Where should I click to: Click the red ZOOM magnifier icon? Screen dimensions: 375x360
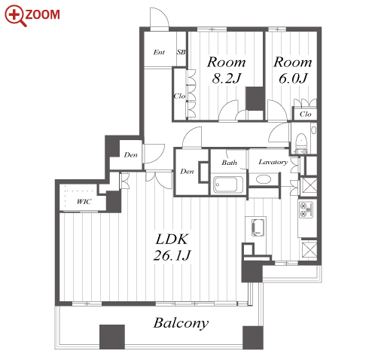[14, 15]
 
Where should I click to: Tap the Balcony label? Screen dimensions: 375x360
[181, 323]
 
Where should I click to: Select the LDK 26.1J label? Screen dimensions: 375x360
[172, 247]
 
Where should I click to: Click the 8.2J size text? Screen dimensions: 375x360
[226, 78]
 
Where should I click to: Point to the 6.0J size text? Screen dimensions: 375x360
[293, 78]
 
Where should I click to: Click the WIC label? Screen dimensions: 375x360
[84, 202]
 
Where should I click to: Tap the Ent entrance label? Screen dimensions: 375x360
[159, 52]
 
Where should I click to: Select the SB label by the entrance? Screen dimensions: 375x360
[181, 52]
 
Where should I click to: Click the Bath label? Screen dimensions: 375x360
[229, 163]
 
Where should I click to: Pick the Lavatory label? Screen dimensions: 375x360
[273, 162]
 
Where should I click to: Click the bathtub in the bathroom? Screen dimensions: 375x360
[228, 185]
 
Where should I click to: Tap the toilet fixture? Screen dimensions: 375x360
[301, 142]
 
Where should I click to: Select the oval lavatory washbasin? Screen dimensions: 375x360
[264, 179]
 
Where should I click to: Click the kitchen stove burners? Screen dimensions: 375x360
[306, 209]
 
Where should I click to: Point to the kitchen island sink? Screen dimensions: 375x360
[258, 227]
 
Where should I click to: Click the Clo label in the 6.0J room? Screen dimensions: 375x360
[306, 114]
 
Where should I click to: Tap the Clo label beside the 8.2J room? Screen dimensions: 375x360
[180, 96]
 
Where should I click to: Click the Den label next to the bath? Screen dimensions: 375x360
[187, 172]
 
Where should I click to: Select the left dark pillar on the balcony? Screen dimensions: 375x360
[112, 337]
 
